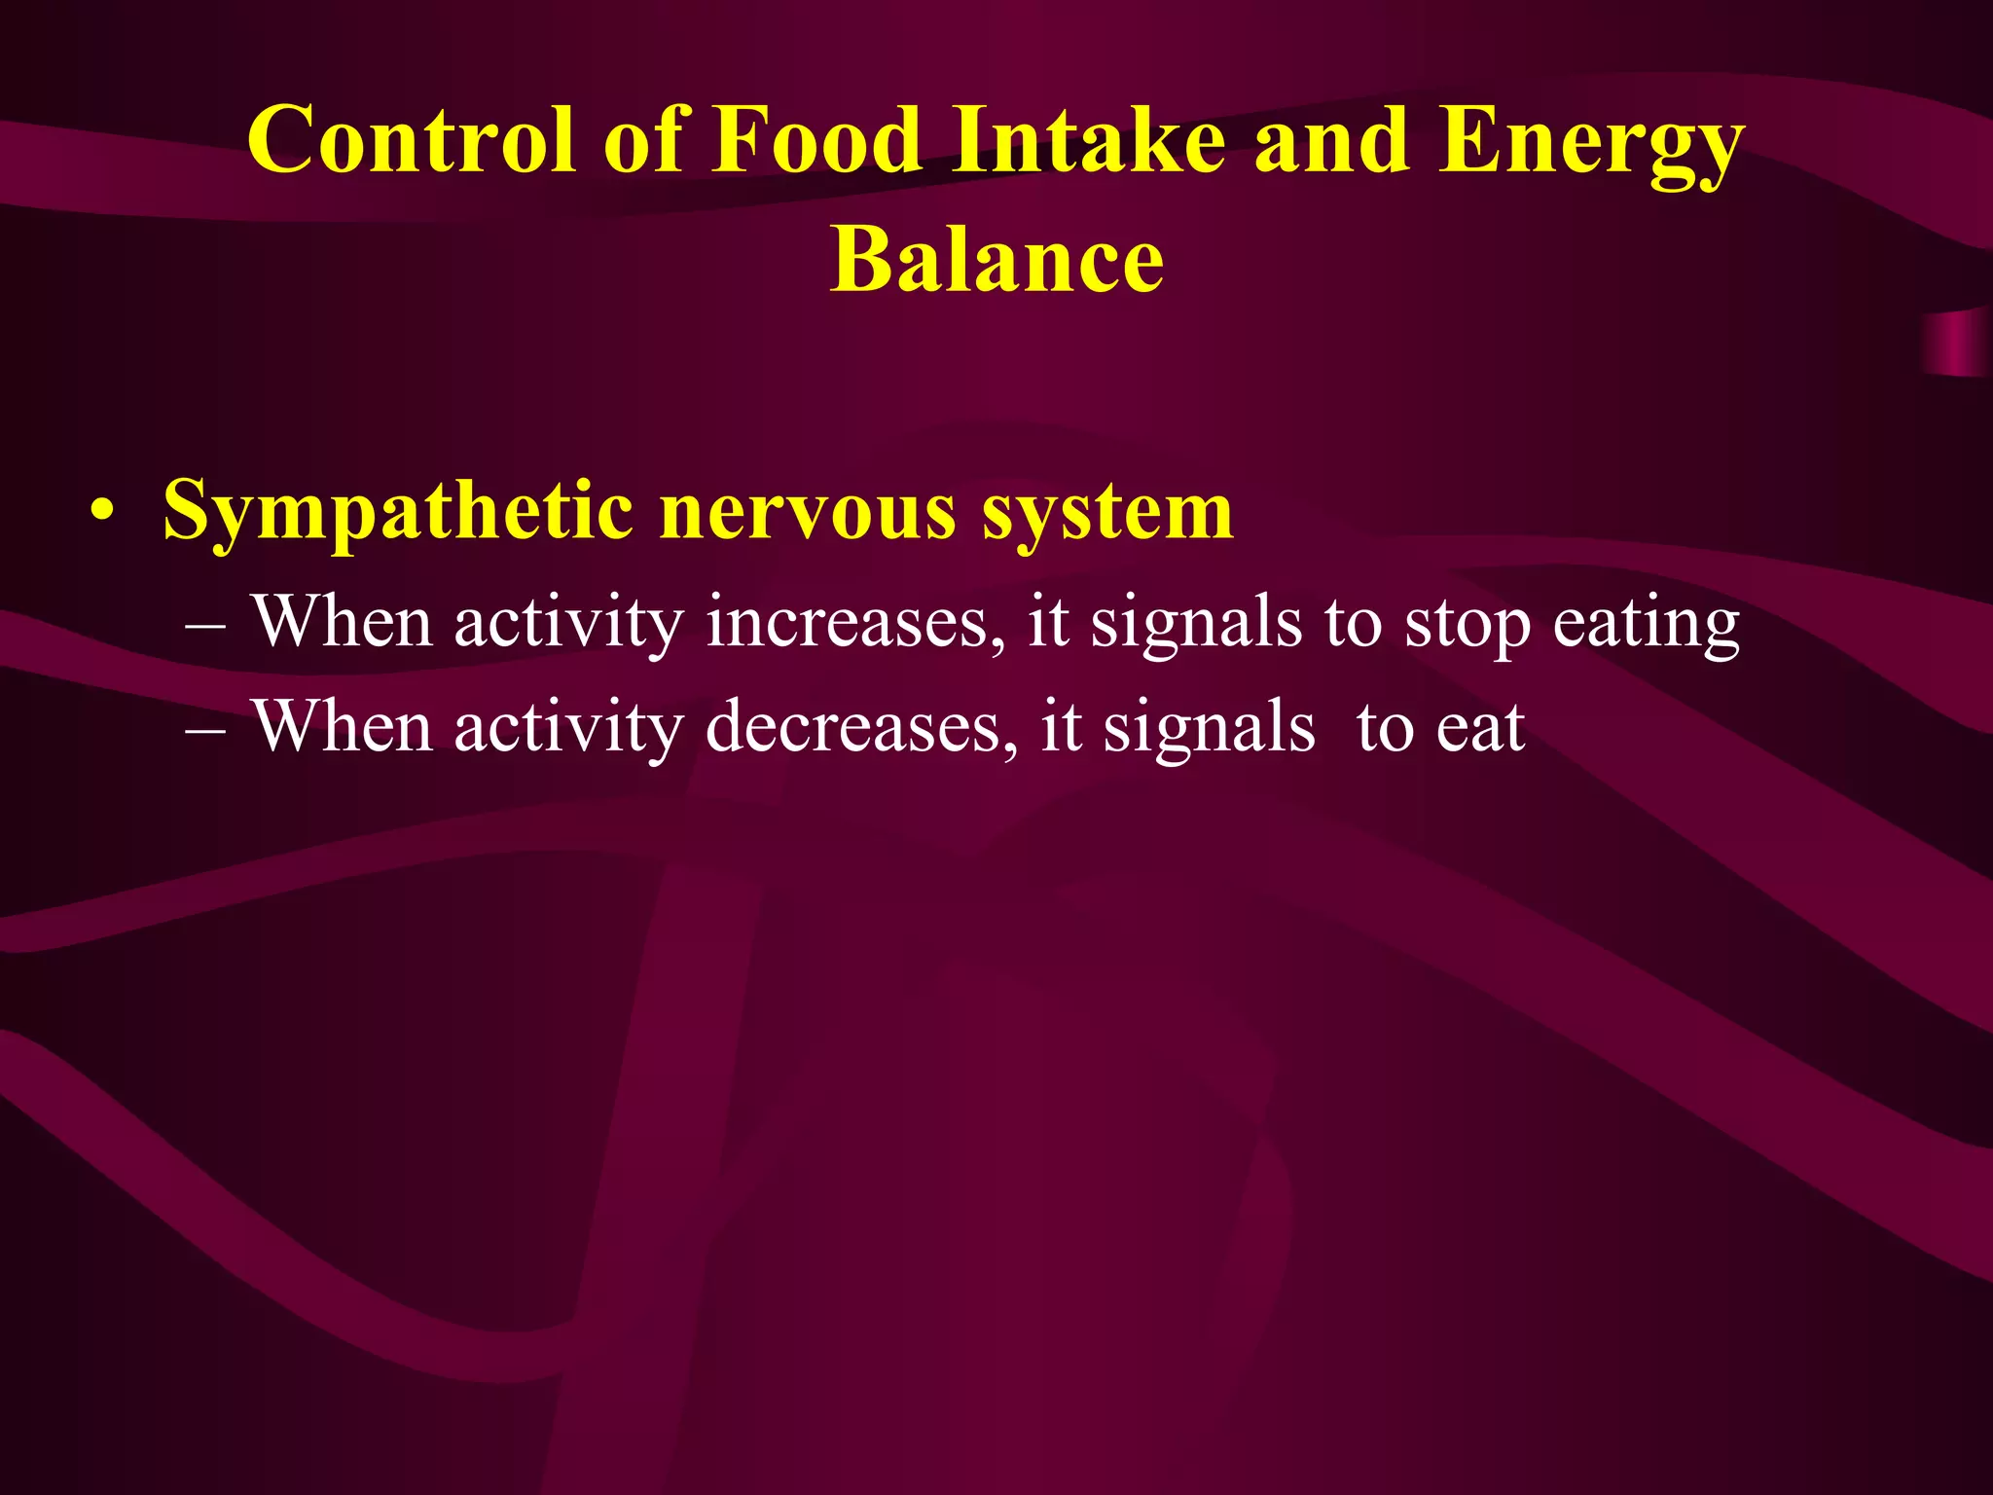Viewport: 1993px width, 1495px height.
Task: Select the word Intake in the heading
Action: click(1089, 141)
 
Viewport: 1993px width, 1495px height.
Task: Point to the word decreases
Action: click(860, 728)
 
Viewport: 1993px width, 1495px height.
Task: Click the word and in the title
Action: click(1331, 141)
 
